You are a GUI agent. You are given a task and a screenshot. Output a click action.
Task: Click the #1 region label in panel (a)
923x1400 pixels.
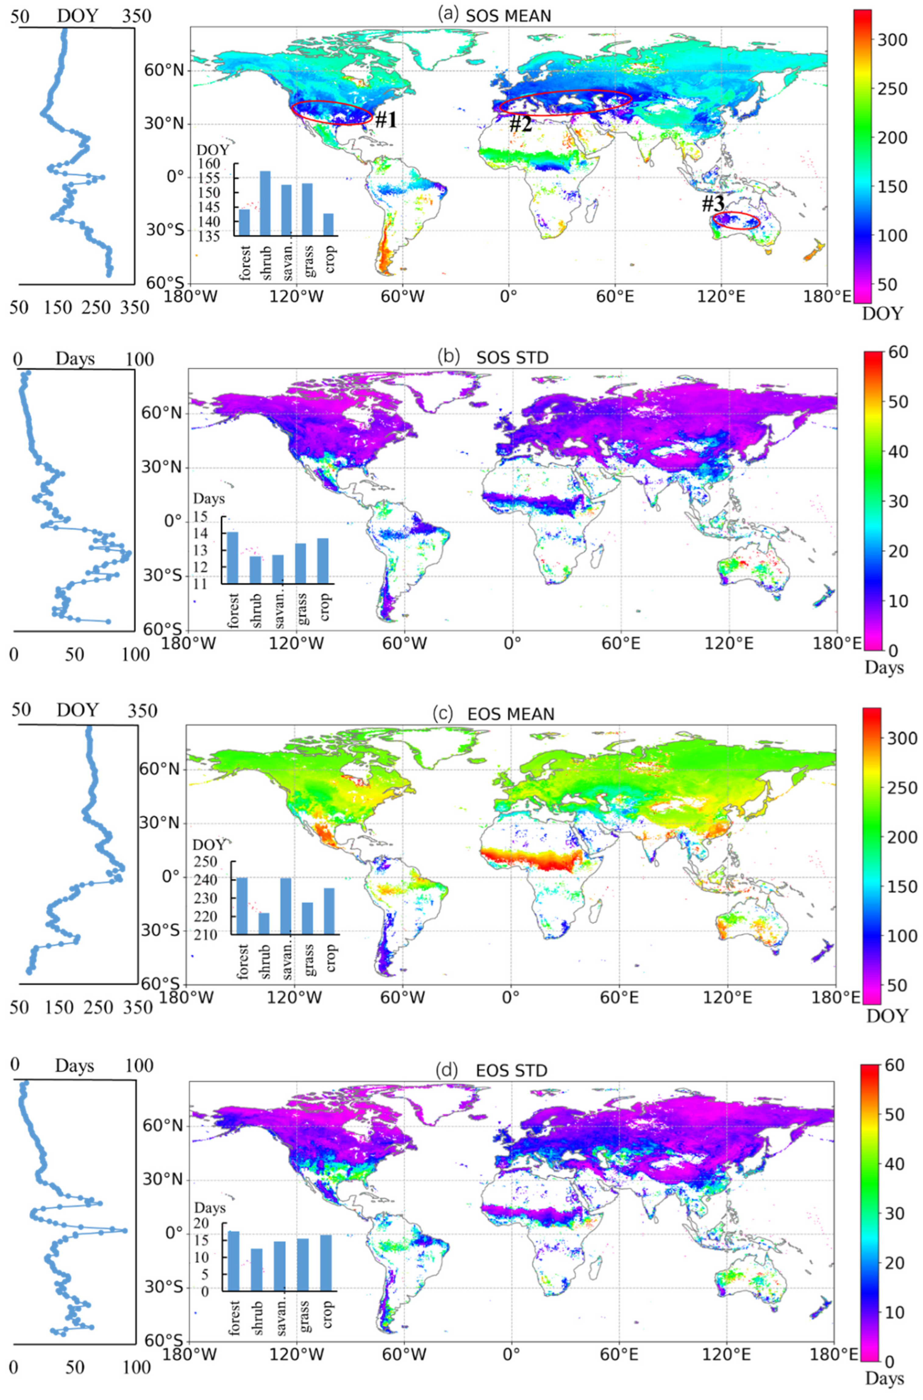(x=386, y=121)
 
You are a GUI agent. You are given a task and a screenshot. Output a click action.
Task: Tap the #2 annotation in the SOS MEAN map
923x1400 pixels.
(x=520, y=124)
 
